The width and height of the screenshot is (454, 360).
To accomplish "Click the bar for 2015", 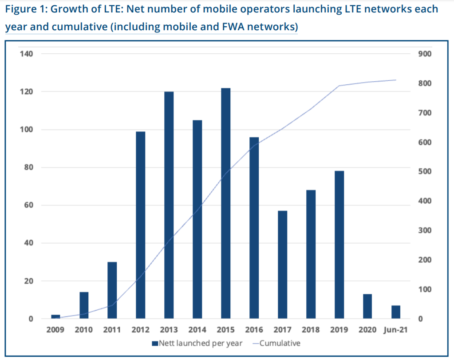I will pyautogui.click(x=226, y=203).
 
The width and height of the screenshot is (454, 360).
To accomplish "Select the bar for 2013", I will pyautogui.click(x=169, y=205).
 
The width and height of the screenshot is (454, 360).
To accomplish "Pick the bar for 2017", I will pyautogui.click(x=283, y=265).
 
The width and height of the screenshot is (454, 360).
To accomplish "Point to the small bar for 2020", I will pyautogui.click(x=367, y=306).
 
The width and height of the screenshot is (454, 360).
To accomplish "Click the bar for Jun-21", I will pyautogui.click(x=396, y=312).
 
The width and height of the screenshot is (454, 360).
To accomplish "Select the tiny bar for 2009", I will pyautogui.click(x=55, y=316).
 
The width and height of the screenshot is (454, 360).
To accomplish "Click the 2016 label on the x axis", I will pyautogui.click(x=254, y=330).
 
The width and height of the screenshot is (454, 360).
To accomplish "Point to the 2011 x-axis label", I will pyautogui.click(x=112, y=330).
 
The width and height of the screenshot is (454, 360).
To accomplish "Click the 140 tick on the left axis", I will pyautogui.click(x=26, y=54).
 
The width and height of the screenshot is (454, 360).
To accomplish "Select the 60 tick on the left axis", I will pyautogui.click(x=28, y=205).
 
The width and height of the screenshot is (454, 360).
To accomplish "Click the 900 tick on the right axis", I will pyautogui.click(x=425, y=54).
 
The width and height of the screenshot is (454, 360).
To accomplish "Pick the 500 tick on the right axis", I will pyautogui.click(x=425, y=172).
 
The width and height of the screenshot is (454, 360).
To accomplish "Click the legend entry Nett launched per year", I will pyautogui.click(x=197, y=343).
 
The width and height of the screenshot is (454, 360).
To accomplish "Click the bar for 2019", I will pyautogui.click(x=340, y=245).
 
